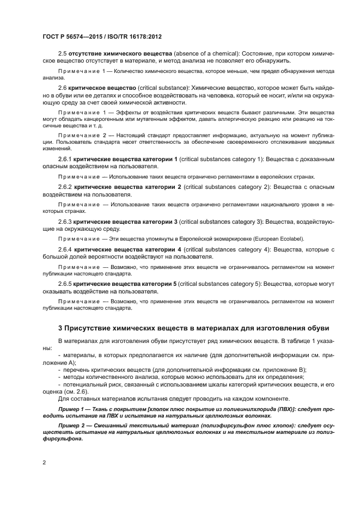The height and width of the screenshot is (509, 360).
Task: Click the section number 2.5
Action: click(62, 54)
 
